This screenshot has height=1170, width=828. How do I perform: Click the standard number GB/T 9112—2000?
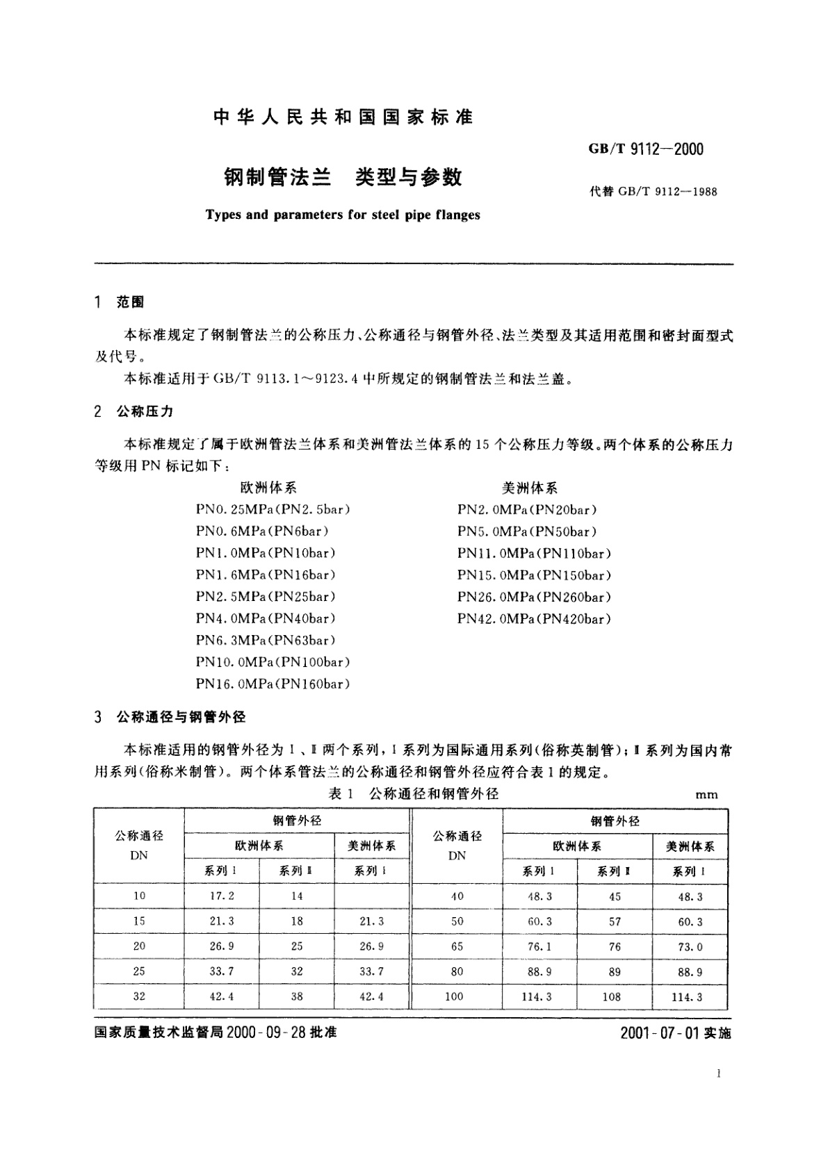click(x=646, y=149)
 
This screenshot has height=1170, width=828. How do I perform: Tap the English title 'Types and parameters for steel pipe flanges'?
click(x=343, y=215)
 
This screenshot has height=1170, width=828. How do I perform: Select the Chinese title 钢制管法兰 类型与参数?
click(x=343, y=178)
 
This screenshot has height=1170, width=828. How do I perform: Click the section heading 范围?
click(x=130, y=302)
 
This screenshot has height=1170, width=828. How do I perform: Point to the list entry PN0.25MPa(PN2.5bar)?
click(x=273, y=509)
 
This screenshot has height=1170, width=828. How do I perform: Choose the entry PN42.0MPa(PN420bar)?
click(x=534, y=619)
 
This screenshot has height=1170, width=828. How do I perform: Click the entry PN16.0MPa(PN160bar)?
click(x=273, y=684)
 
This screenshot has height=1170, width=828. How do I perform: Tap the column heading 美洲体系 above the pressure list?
click(x=529, y=488)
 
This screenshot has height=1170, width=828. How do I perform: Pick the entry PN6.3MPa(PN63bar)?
click(x=266, y=641)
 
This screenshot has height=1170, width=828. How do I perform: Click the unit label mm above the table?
click(x=706, y=795)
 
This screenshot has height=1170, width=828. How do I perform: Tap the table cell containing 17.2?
click(x=222, y=896)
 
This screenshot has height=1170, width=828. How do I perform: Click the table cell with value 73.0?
click(x=690, y=947)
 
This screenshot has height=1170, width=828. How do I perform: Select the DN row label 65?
click(x=457, y=947)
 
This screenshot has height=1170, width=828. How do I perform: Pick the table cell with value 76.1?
click(x=539, y=947)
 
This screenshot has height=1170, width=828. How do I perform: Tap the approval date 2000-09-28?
click(x=268, y=1032)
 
